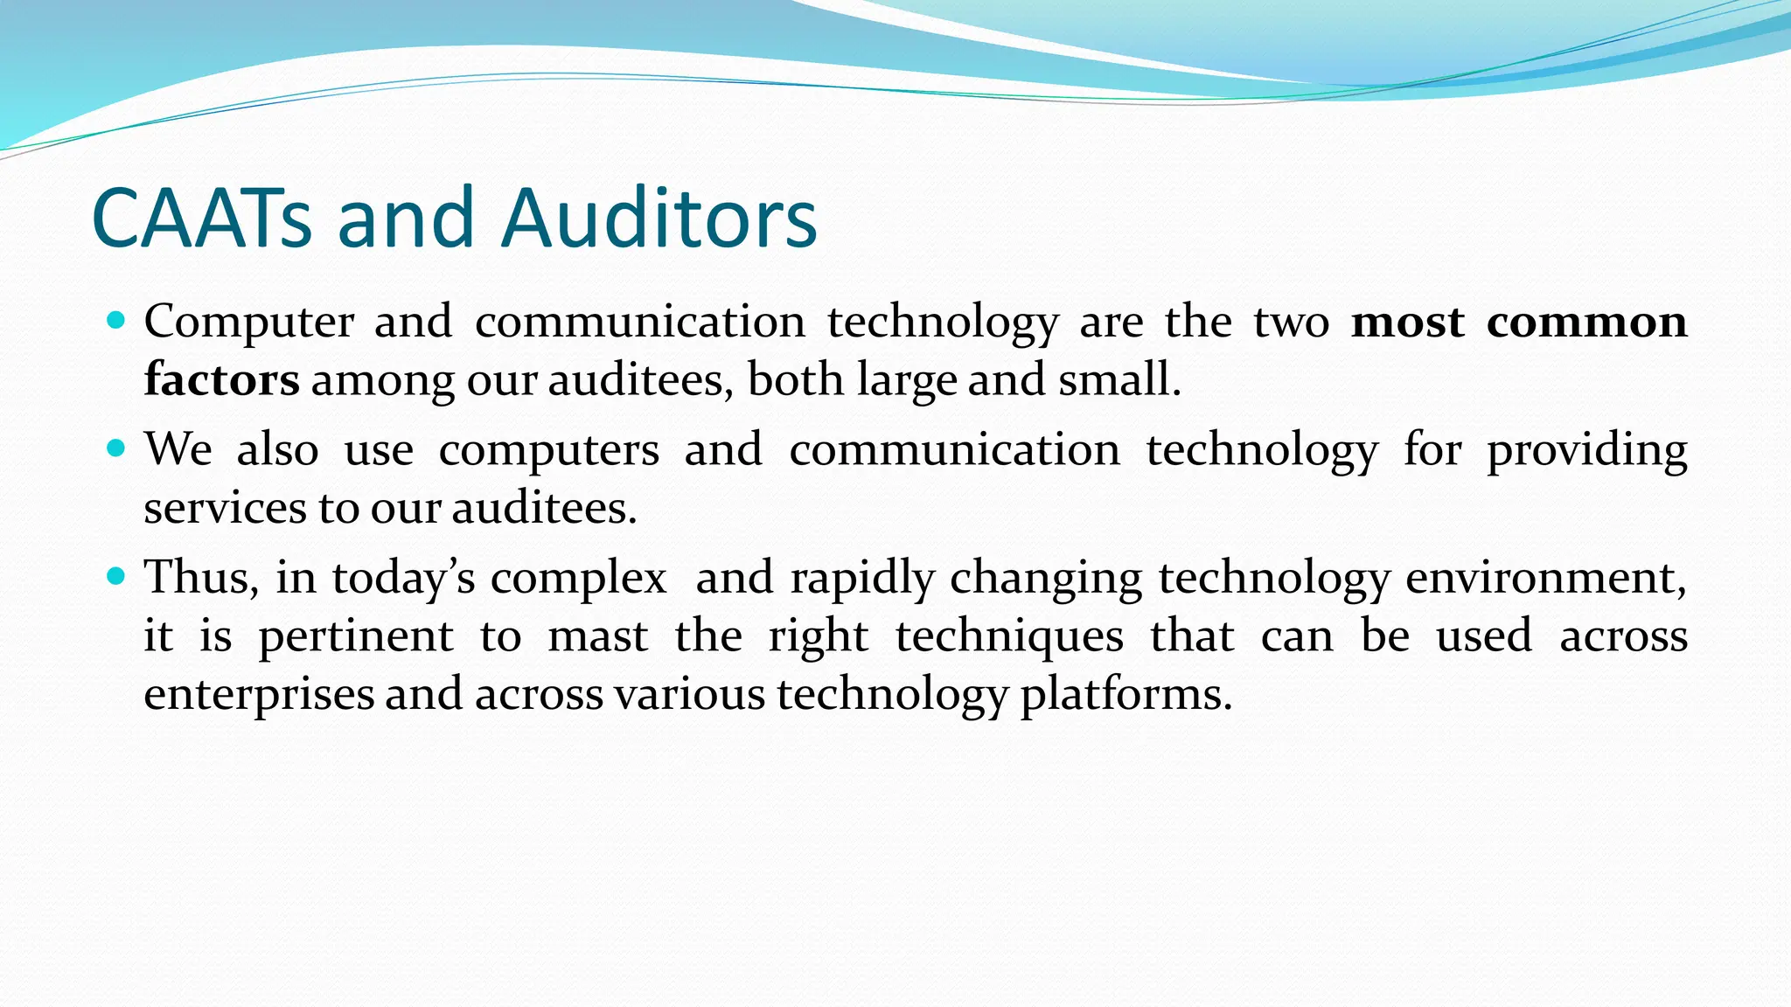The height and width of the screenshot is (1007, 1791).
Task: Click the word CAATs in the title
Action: point(201,219)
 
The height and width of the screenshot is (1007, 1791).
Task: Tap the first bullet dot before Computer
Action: point(116,320)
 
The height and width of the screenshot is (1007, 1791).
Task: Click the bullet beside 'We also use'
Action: point(116,448)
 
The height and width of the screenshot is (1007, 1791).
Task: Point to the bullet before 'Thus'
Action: point(116,577)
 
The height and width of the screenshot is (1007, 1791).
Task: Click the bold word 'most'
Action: point(1407,322)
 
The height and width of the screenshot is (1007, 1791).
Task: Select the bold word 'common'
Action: point(1586,322)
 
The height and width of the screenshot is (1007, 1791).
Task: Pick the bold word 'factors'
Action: point(221,379)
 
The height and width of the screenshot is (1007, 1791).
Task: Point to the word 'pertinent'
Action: point(356,636)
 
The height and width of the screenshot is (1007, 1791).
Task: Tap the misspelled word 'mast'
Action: point(598,635)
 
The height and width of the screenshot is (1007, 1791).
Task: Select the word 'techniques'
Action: point(1009,636)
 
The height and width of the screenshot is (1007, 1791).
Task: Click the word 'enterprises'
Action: point(259,695)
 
